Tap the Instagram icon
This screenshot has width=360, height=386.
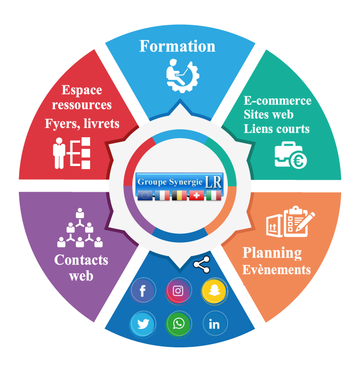point(178,291)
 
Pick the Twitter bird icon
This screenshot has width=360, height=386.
point(143,325)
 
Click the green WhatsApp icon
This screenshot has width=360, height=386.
point(178,325)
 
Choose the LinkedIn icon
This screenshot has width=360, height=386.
point(214,325)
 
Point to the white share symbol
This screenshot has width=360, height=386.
point(201,265)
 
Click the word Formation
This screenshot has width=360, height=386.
point(177,47)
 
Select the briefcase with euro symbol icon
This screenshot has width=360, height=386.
point(291,154)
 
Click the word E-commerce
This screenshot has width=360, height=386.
point(277,101)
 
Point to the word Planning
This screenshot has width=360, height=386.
point(272,253)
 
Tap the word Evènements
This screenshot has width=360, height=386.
point(276,270)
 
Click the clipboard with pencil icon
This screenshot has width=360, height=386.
point(300,220)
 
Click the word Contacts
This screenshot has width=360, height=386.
point(81,260)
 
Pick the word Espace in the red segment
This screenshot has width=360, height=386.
point(82,90)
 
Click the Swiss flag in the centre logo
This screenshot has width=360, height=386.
point(197,195)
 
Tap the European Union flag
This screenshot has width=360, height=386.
point(145,195)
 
